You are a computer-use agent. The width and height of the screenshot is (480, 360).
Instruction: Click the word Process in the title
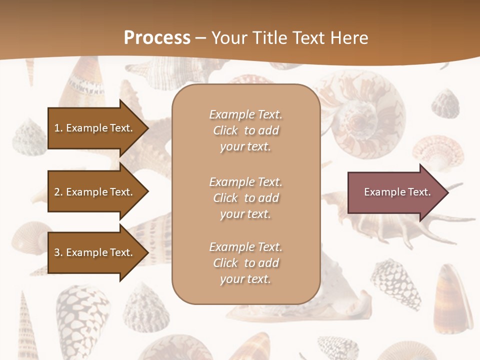157,38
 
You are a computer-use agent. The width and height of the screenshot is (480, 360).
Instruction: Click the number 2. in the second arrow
58,192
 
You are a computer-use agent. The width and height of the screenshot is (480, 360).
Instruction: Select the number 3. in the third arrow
58,252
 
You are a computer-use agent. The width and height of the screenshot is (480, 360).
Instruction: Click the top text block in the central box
245,130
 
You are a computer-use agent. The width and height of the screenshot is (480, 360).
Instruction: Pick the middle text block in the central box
245,198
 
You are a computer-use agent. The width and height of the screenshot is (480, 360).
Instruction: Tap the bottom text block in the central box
245,263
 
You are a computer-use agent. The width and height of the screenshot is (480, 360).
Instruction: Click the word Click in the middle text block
225,198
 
